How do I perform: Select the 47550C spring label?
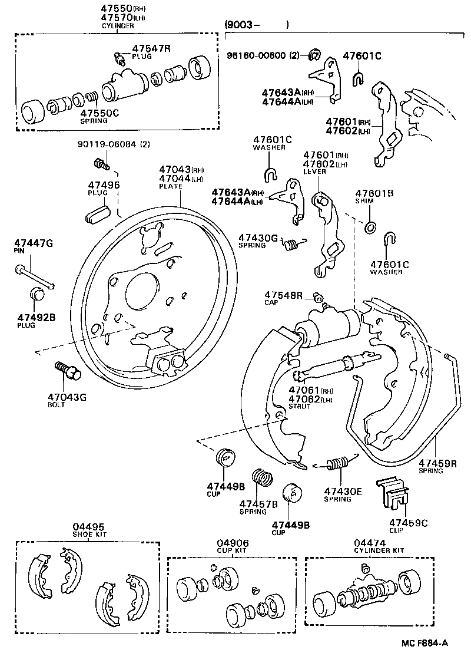tap(99, 113)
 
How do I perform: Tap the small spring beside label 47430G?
tap(291, 243)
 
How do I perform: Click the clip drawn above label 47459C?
tap(392, 492)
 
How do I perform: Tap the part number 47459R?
tap(438, 463)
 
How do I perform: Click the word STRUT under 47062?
tap(300, 407)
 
